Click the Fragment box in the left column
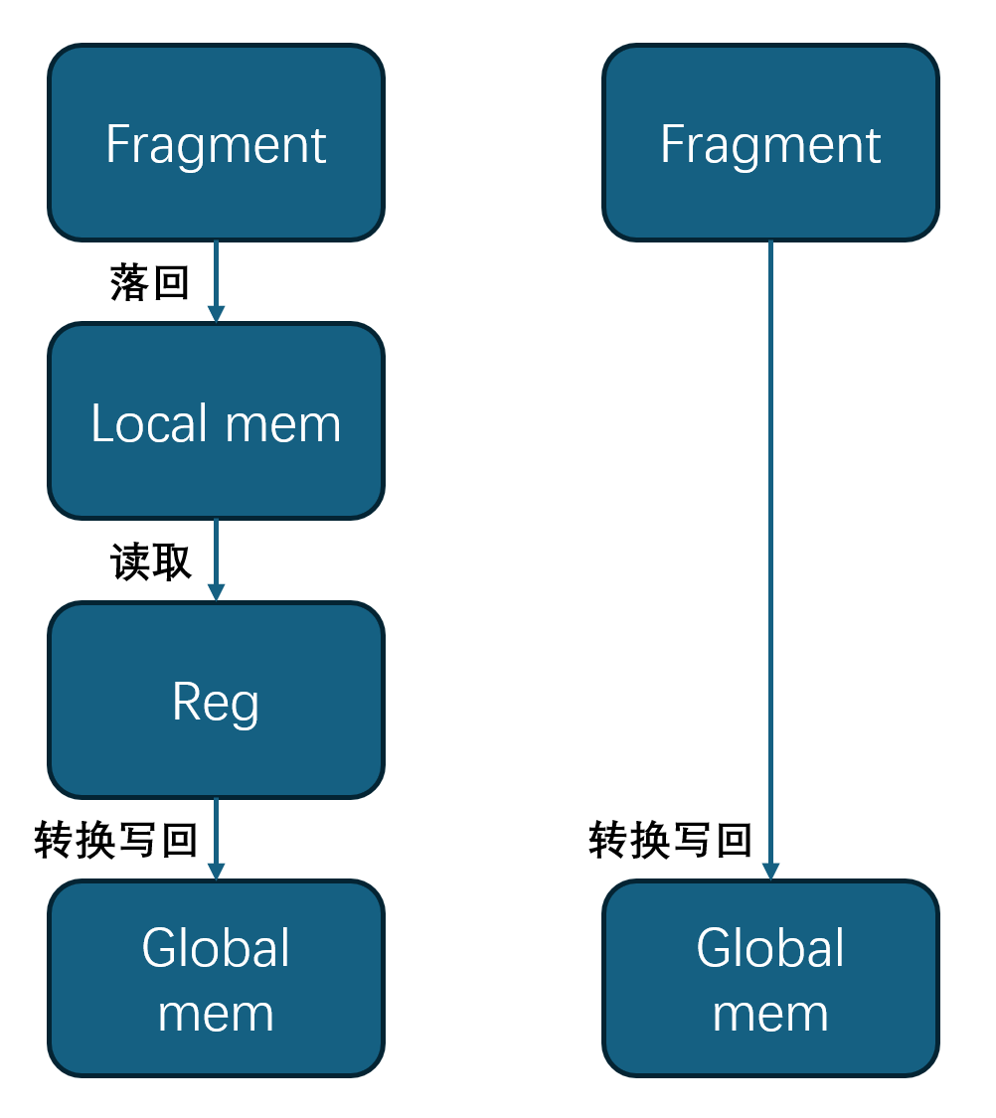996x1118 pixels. tap(216, 142)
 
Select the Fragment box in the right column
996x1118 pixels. tap(770, 142)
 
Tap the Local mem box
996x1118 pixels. tap(216, 420)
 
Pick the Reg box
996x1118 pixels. tap(216, 700)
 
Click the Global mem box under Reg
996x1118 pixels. tap(216, 978)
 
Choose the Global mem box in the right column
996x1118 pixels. tap(770, 978)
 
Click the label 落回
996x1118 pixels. tap(150, 283)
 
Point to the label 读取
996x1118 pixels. tap(150, 562)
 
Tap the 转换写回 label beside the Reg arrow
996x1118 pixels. tap(115, 841)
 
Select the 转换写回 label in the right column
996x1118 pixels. tap(670, 841)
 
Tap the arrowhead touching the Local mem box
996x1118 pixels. tap(216, 314)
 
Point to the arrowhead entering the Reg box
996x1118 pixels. tap(216, 592)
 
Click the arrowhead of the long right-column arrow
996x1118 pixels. tap(770, 871)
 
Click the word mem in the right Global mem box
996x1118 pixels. tap(770, 1015)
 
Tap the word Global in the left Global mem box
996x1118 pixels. tap(216, 948)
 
